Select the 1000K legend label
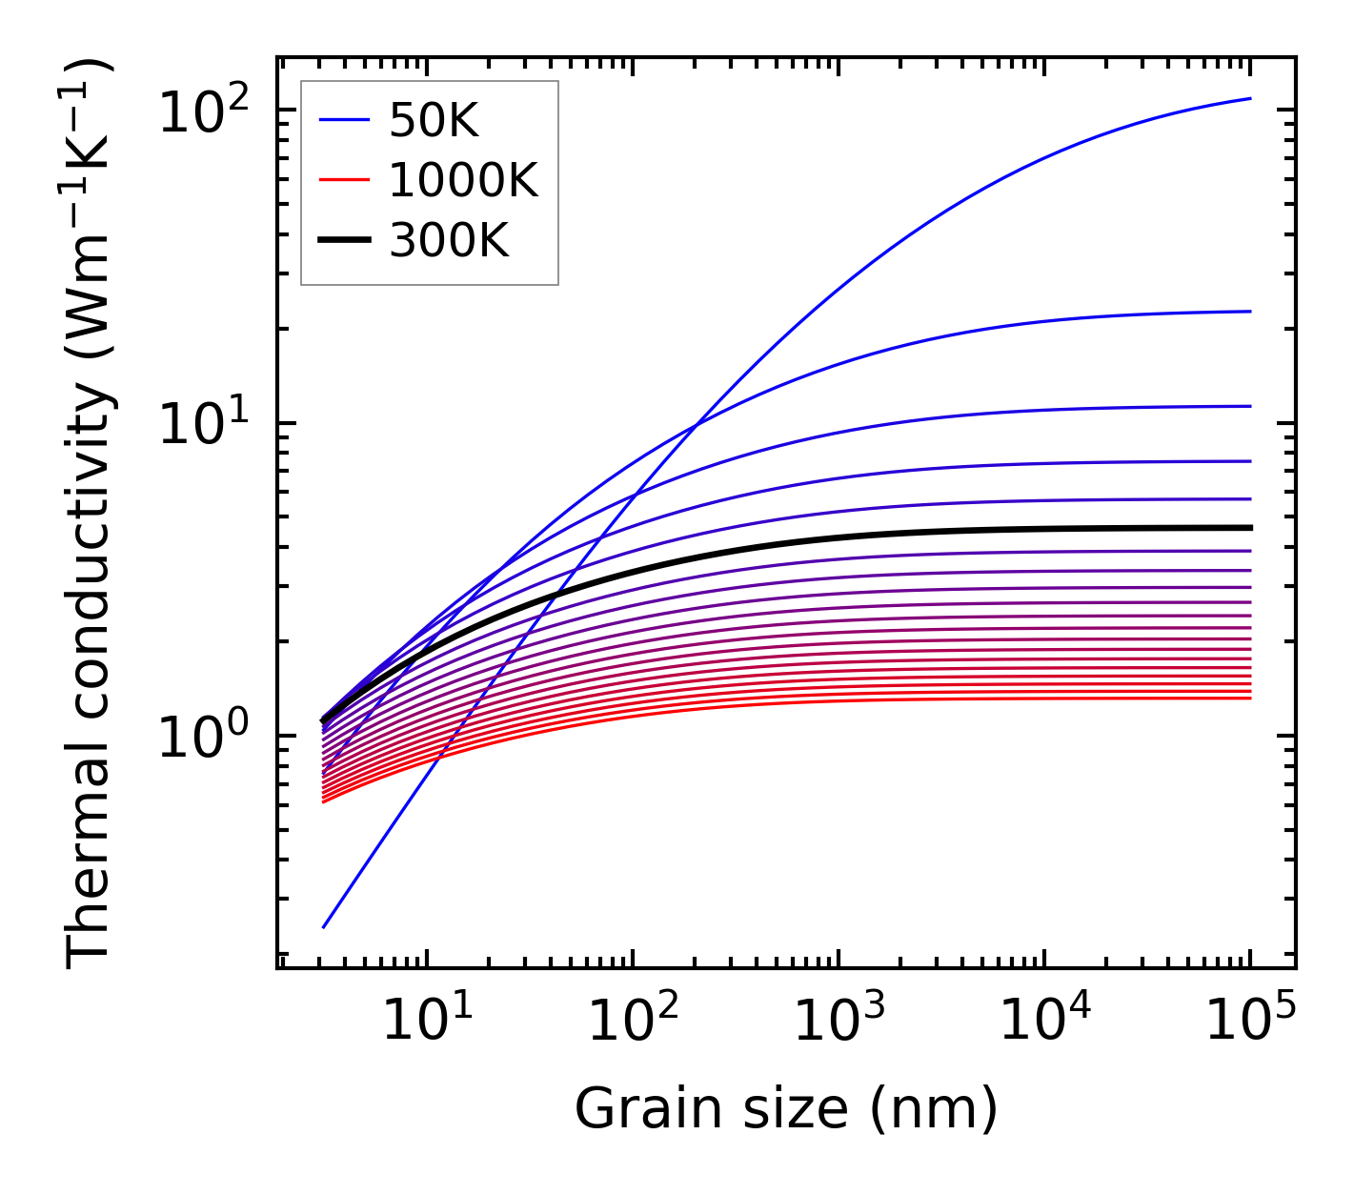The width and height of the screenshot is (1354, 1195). click(x=464, y=180)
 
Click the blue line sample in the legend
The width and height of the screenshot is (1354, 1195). click(x=343, y=120)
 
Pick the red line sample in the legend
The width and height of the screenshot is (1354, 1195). click(x=343, y=180)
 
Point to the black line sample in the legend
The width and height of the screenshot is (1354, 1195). click(x=343, y=240)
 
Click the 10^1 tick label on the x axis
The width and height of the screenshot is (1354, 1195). click(x=427, y=1020)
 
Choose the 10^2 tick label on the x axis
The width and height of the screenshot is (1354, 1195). click(x=633, y=1020)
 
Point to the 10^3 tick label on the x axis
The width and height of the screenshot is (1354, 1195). click(x=839, y=1020)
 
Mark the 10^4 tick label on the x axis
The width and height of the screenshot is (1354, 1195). click(x=1044, y=1020)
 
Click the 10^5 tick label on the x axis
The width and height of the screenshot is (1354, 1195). click(x=1250, y=1020)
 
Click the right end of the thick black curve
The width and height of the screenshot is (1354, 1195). click(x=1249, y=527)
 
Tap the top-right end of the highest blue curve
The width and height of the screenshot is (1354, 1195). click(x=1249, y=98)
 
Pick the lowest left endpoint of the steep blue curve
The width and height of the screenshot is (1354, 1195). click(x=324, y=926)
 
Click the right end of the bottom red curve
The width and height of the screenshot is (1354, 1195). click(x=1249, y=699)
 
